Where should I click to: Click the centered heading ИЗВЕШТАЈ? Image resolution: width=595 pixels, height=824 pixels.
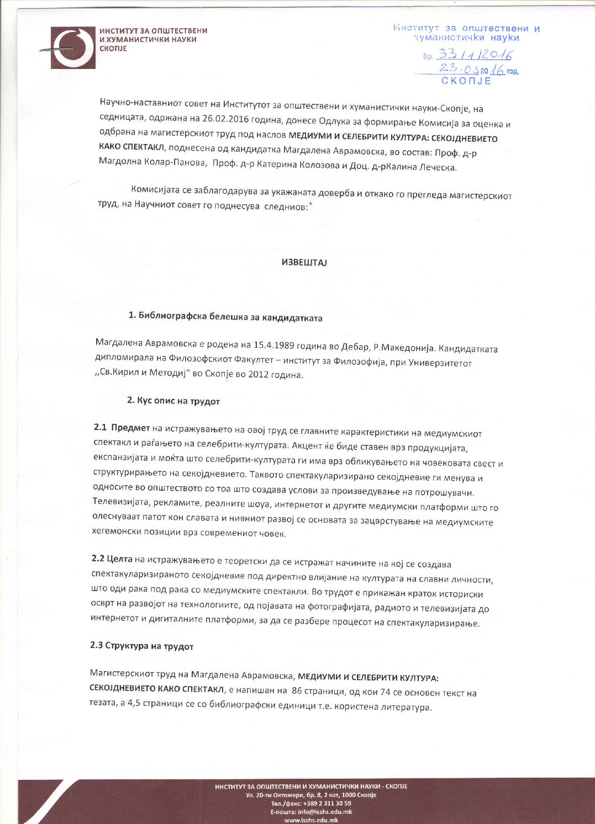(x=304, y=263)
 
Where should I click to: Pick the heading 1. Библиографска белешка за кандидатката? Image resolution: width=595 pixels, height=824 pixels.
(x=225, y=317)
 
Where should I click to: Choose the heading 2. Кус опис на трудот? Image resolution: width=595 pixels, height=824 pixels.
(x=173, y=401)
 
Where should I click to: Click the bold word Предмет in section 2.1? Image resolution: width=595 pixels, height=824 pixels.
(x=130, y=428)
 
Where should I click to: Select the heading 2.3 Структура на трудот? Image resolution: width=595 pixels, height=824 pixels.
(x=141, y=645)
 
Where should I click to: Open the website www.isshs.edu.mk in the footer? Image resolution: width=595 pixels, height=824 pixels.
(x=311, y=820)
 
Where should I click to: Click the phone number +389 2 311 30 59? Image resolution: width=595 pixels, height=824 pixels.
(x=323, y=804)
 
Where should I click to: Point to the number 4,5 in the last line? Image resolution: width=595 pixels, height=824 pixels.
(x=128, y=707)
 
